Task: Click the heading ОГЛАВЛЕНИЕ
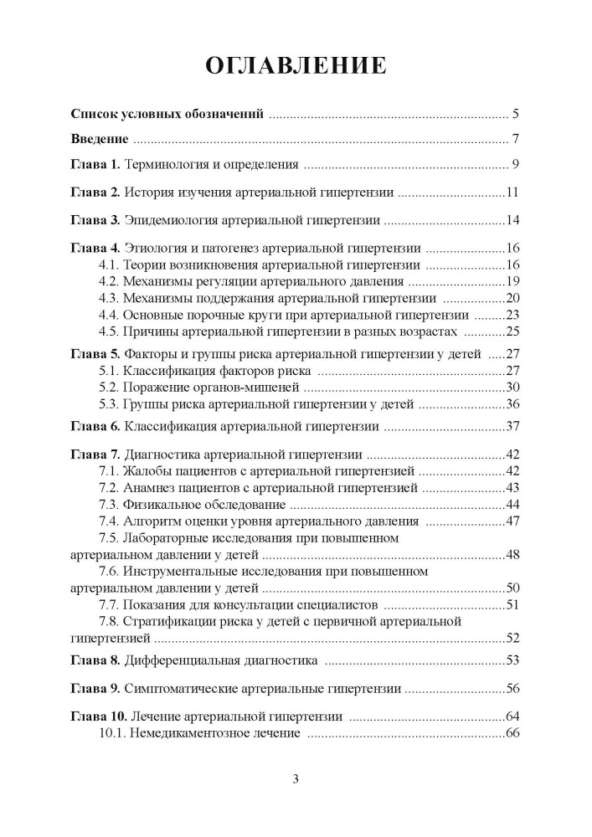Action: click(296, 65)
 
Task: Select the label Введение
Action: click(99, 138)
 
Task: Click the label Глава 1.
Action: click(95, 164)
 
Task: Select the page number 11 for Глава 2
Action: click(513, 193)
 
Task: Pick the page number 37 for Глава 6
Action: click(513, 427)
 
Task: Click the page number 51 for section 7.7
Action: click(513, 605)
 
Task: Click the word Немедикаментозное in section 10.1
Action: click(186, 733)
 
